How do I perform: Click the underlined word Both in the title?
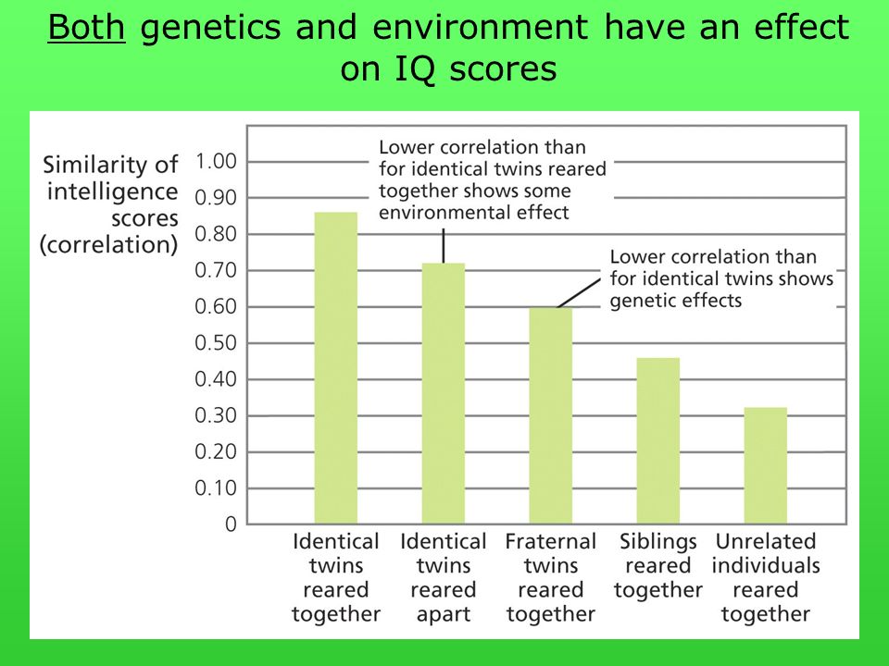[86, 27]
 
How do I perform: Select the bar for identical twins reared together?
[335, 368]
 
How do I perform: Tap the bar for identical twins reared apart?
[444, 394]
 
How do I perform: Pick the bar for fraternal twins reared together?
[550, 415]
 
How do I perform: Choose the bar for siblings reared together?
[657, 440]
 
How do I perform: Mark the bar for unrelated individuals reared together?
[766, 465]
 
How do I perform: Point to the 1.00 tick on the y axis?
[216, 161]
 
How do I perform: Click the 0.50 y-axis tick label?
[216, 343]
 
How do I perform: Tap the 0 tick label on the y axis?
[231, 524]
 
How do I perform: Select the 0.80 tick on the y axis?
[216, 234]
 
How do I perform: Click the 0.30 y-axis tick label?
[216, 415]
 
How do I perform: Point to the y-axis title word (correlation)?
[109, 245]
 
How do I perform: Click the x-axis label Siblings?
[657, 541]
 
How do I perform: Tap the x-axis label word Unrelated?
[766, 541]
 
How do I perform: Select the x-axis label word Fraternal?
[550, 541]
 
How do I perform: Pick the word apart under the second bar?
[444, 614]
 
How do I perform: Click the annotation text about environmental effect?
[492, 180]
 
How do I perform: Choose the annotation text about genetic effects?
[721, 278]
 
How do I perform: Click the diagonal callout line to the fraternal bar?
[579, 293]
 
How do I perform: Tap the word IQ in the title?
[415, 69]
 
